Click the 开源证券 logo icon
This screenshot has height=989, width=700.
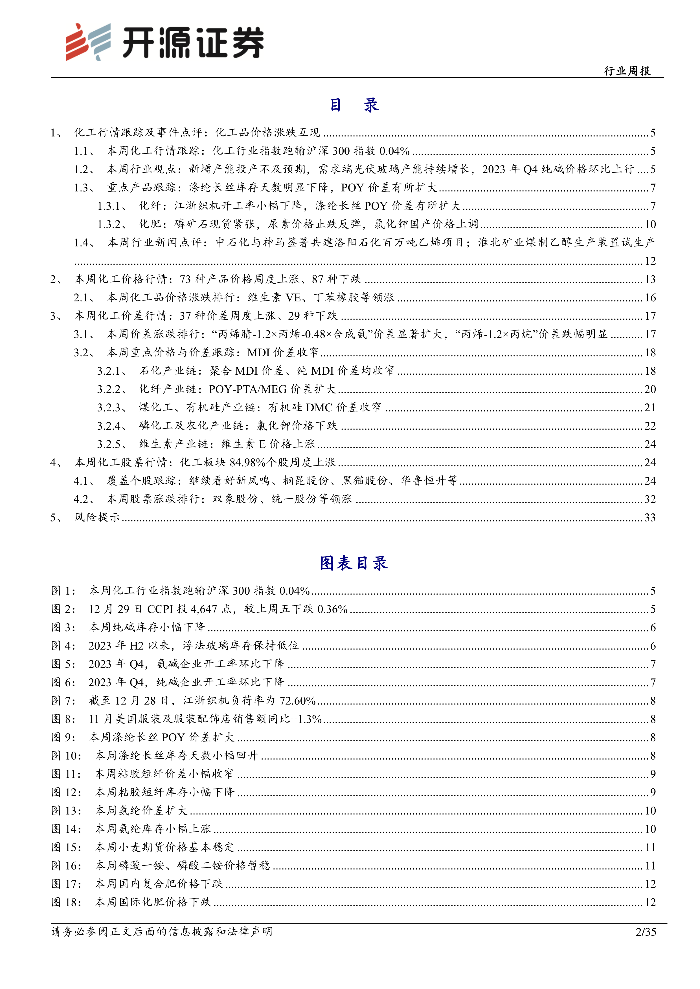tap(87, 42)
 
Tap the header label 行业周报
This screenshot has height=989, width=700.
tap(627, 71)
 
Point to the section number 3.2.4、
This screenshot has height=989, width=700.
tap(111, 426)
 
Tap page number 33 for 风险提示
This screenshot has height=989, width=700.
tap(650, 517)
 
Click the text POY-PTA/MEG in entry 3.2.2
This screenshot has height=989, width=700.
tap(247, 389)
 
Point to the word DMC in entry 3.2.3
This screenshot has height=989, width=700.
tap(319, 407)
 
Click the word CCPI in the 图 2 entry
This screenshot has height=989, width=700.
tap(161, 609)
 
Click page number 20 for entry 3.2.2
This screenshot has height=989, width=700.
tap(650, 389)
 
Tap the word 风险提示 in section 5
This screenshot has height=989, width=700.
tap(97, 517)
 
